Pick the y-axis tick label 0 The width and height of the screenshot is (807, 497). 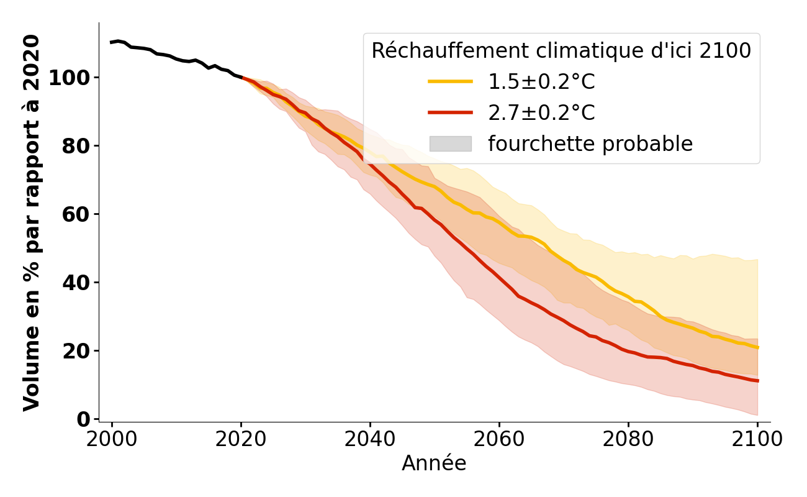click(83, 419)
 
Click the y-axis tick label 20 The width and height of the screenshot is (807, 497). click(76, 351)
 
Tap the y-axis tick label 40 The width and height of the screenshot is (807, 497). click(76, 283)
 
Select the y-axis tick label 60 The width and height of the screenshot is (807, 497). click(76, 214)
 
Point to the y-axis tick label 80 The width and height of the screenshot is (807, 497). click(76, 146)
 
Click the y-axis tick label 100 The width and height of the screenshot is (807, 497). click(69, 78)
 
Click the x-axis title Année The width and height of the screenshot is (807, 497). click(434, 463)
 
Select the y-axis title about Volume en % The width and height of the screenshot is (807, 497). click(32, 222)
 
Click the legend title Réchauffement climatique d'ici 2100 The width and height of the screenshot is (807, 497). click(561, 51)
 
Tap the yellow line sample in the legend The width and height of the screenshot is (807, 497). click(450, 81)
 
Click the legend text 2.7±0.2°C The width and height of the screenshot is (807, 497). click(541, 113)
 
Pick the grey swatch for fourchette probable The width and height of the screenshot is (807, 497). click(450, 144)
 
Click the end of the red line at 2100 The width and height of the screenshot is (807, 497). click(757, 381)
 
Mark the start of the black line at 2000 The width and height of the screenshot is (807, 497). click(112, 42)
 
